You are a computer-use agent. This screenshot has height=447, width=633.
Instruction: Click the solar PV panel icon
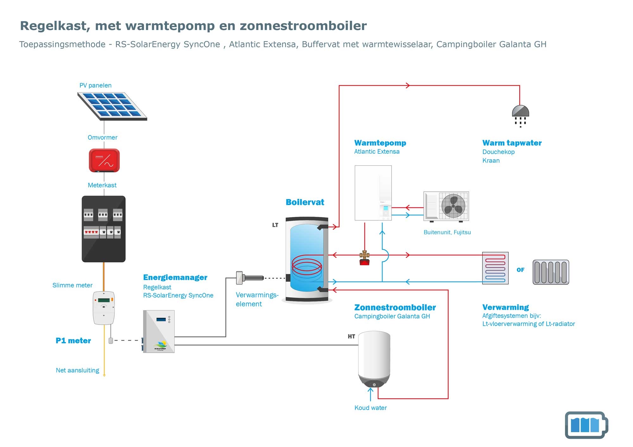(112, 106)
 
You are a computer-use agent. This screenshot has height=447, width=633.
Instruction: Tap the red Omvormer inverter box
(104, 160)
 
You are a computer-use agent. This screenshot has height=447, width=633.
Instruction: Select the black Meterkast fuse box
(104, 229)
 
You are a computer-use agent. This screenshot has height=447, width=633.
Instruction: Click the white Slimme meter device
(104, 308)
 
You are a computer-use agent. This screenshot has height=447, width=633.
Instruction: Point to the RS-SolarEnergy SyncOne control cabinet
(159, 331)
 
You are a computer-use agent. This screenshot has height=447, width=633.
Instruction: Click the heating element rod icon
(250, 278)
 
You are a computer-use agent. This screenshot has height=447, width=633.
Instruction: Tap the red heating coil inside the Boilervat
(307, 266)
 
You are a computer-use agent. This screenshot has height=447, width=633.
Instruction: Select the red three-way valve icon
(365, 258)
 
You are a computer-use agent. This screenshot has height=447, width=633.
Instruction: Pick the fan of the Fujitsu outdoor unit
(453, 206)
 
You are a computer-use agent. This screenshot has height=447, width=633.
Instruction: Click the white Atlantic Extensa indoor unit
(373, 193)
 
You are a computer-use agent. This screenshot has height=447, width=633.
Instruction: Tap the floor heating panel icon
(495, 268)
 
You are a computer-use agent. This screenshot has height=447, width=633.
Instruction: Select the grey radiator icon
(551, 272)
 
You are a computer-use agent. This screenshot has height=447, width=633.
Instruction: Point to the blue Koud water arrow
(371, 394)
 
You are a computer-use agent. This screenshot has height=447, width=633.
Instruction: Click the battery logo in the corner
(586, 425)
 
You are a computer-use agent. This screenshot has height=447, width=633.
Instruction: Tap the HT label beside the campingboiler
(351, 336)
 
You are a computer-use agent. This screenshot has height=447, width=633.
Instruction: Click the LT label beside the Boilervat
(275, 225)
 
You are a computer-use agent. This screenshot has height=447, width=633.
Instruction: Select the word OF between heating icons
(520, 270)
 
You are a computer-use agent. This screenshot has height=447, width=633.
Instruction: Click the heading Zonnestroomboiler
(395, 307)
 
